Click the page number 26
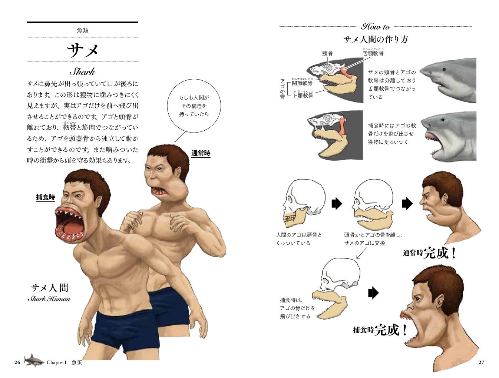pos(17,362)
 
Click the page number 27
pos(481,362)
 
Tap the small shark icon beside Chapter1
pos(34,360)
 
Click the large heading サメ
pos(83,50)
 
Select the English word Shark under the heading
pos(82,71)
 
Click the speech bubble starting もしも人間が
pos(194,106)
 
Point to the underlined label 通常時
pos(201,153)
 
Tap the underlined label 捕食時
pos(45,197)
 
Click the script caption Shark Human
pos(49,299)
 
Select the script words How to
pos(375,27)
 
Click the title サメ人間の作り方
pos(375,39)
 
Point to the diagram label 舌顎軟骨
pos(373,54)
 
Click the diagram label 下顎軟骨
pos(303,96)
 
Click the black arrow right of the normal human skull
pos(336,203)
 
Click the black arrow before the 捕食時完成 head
pos(373,293)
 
